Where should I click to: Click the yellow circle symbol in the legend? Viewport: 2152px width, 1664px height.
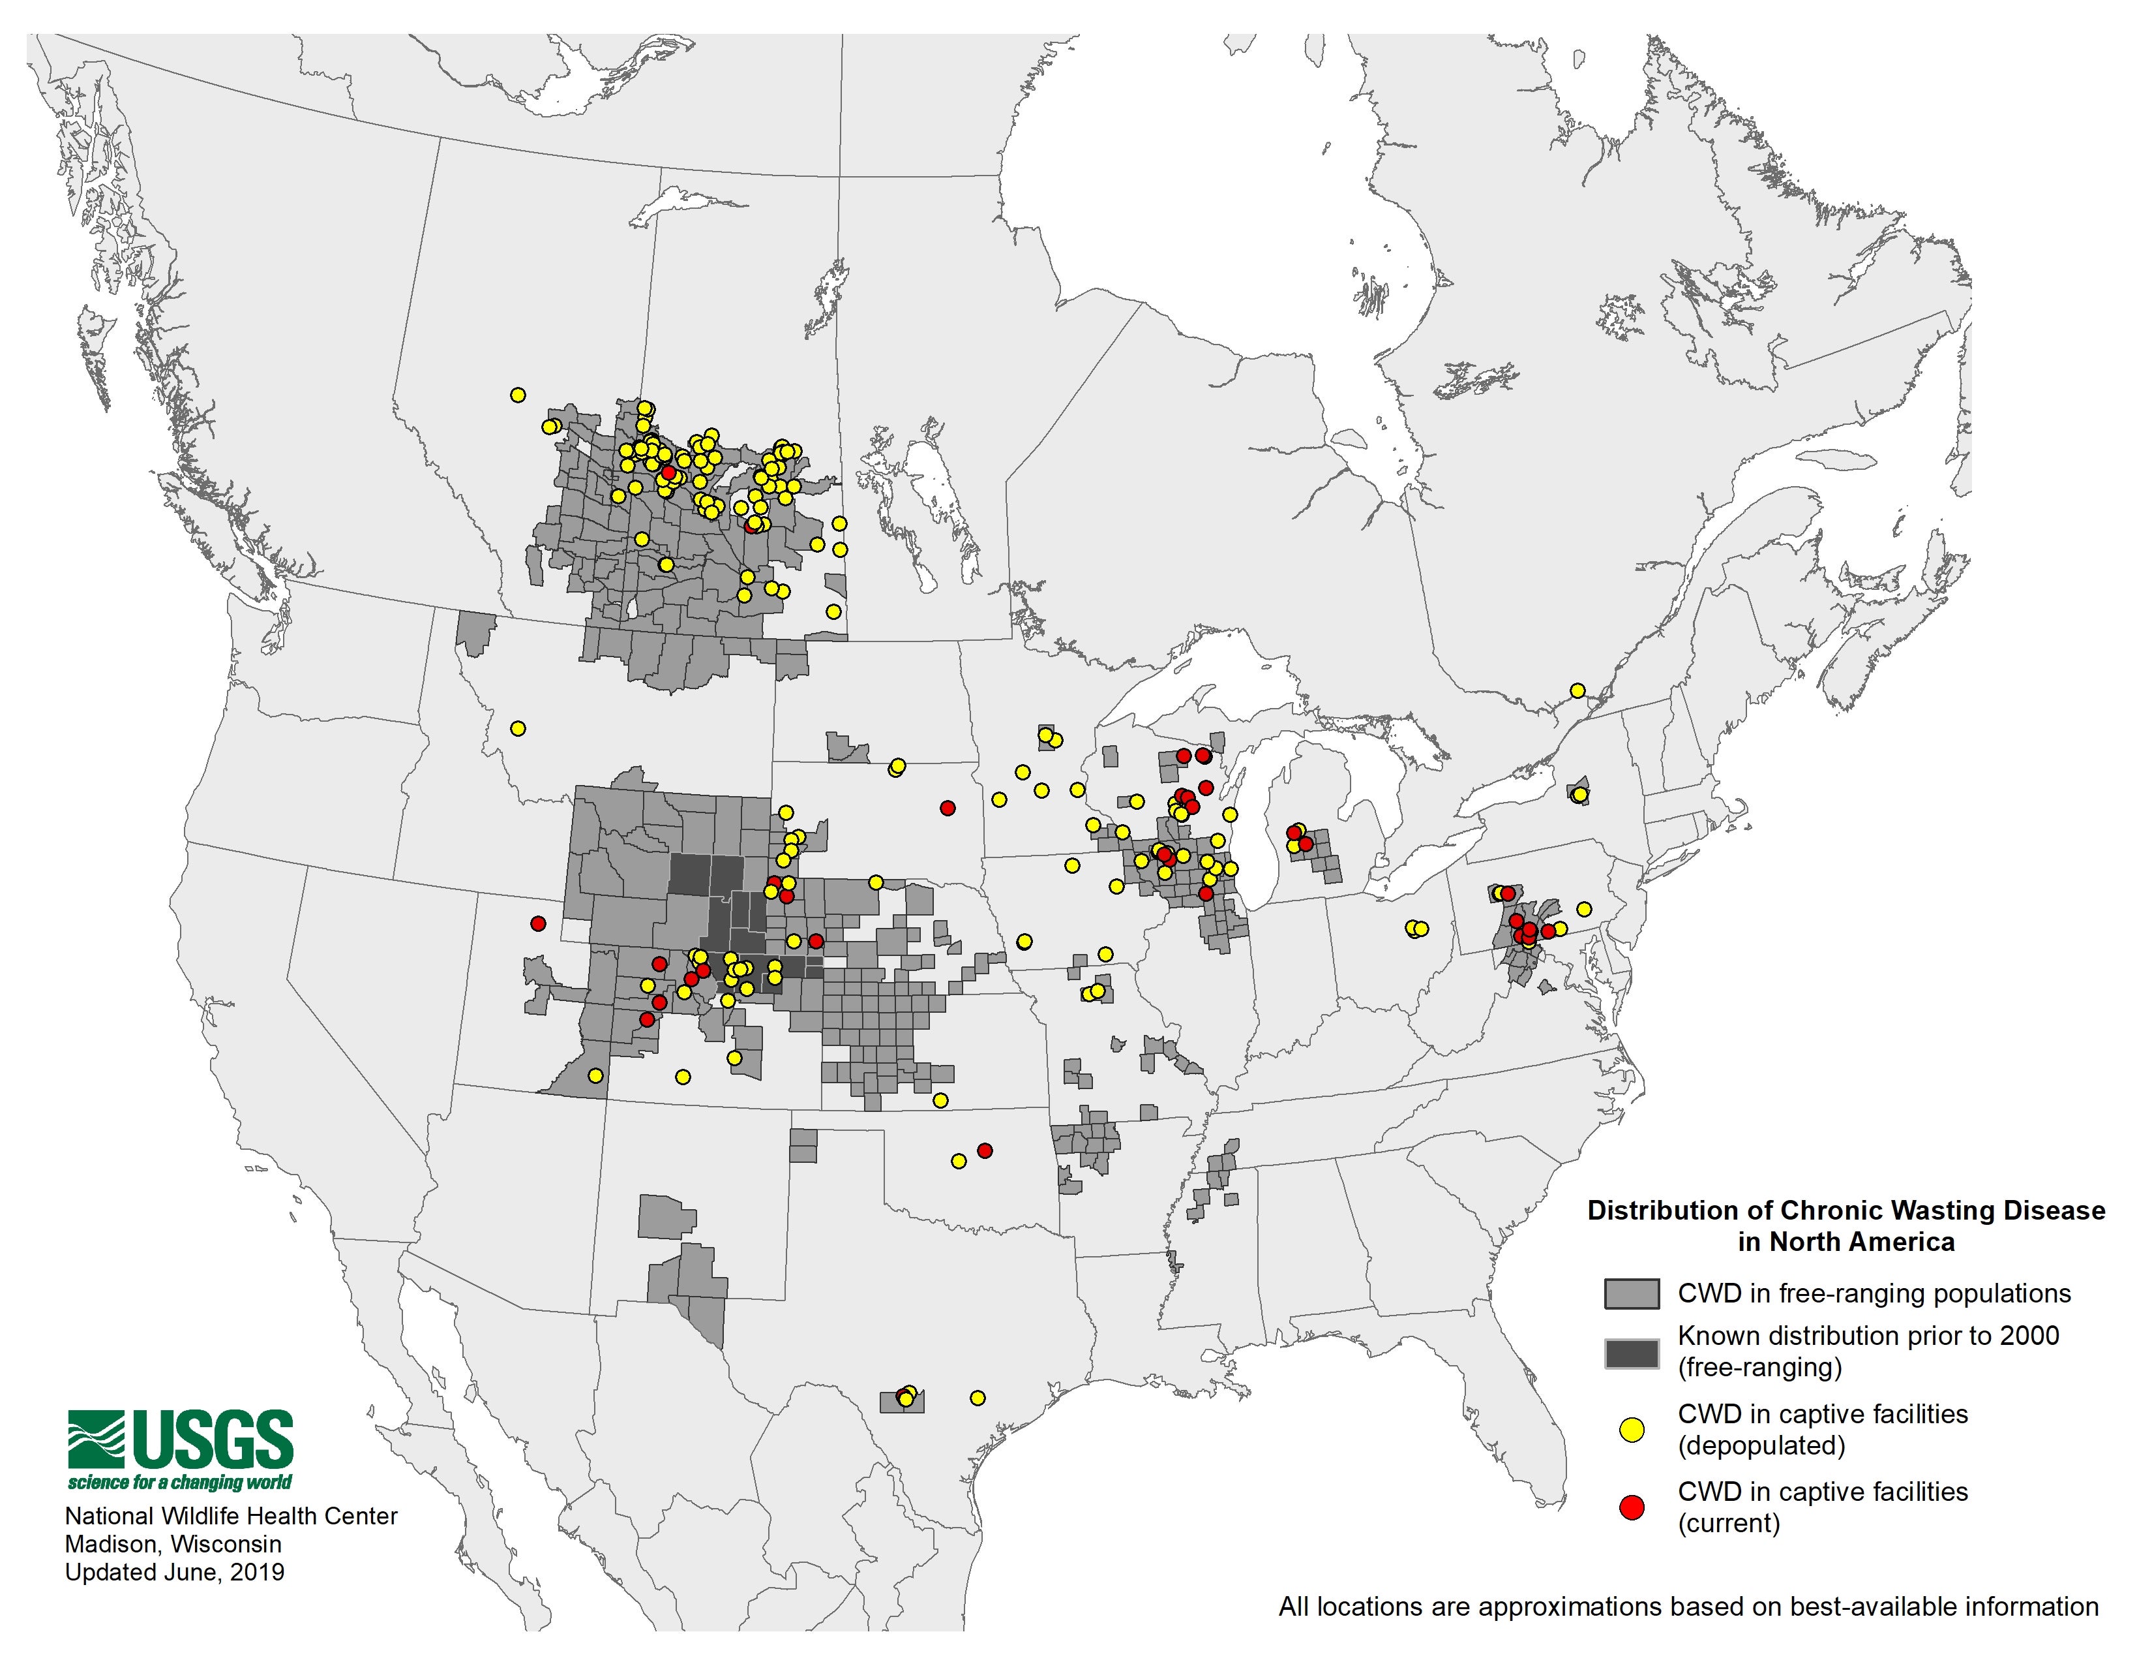[x=1632, y=1429]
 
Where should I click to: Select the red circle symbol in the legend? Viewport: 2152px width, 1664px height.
[x=1632, y=1507]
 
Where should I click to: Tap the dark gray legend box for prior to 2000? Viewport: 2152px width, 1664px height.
[x=1632, y=1353]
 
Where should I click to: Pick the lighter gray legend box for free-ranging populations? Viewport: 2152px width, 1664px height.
[x=1632, y=1293]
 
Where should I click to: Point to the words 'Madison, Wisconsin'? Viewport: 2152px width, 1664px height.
[x=173, y=1544]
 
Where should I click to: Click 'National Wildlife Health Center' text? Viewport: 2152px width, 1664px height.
[x=231, y=1515]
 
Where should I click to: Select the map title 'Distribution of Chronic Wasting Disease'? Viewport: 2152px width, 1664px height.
[x=1846, y=1210]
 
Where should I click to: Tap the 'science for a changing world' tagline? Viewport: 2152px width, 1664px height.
[x=181, y=1483]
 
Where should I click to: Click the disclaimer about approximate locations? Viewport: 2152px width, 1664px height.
[x=1688, y=1607]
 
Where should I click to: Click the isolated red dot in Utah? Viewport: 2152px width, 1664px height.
[x=537, y=923]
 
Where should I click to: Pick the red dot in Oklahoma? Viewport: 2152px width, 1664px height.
[x=984, y=1150]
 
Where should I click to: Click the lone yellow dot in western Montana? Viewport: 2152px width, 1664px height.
[x=517, y=728]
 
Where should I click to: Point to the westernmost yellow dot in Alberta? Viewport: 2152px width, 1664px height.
[x=517, y=395]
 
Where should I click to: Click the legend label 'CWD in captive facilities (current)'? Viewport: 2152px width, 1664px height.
[x=1822, y=1507]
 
